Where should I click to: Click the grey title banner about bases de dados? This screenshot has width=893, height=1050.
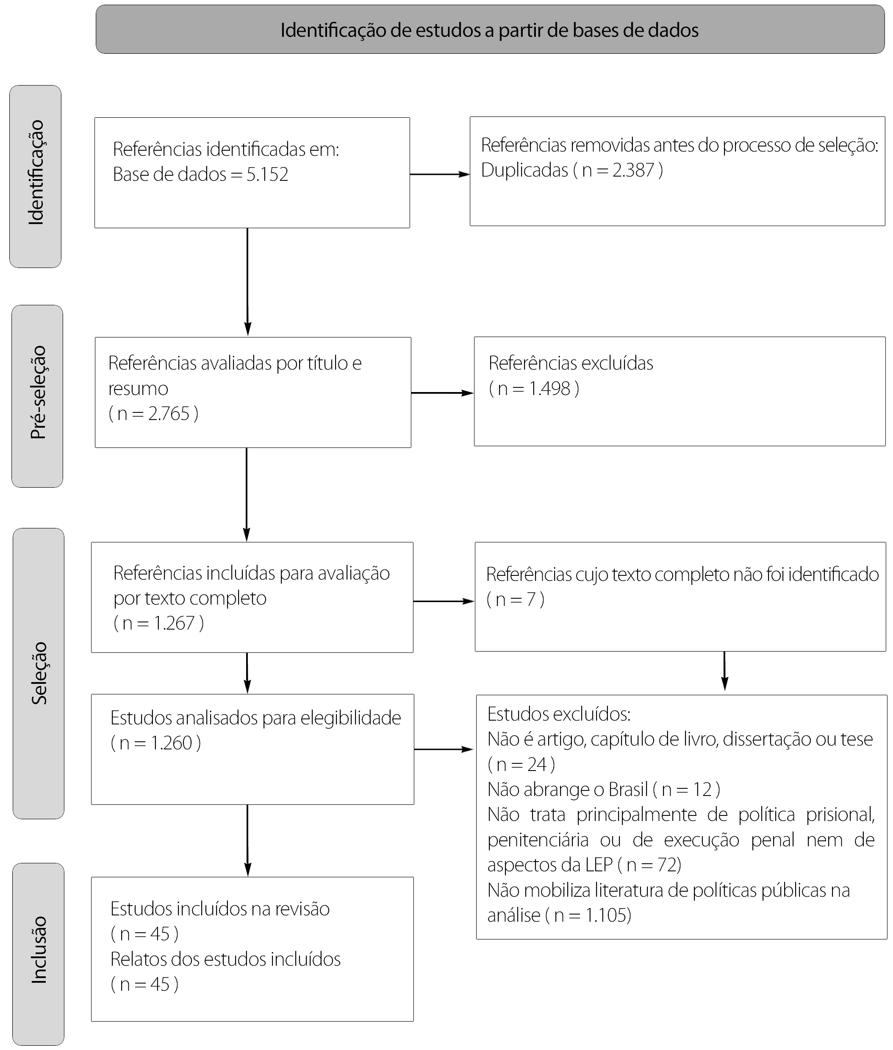[x=490, y=29]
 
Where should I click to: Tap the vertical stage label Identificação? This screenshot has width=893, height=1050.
[x=36, y=173]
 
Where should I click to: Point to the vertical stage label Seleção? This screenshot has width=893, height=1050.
[x=39, y=673]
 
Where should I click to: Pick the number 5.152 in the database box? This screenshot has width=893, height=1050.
[x=267, y=174]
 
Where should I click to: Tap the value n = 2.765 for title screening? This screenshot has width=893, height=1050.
[x=153, y=413]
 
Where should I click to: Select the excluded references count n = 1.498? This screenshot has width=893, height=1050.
[x=534, y=388]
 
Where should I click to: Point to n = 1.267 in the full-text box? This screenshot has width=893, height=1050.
[x=158, y=623]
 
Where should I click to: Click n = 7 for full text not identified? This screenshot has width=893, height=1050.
[x=516, y=599]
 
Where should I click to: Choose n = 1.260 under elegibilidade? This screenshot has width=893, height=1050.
[x=155, y=743]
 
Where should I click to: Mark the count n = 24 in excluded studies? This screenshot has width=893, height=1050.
[x=521, y=764]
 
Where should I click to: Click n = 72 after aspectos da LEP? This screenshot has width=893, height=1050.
[x=649, y=865]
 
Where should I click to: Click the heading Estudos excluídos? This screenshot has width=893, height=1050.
[x=559, y=714]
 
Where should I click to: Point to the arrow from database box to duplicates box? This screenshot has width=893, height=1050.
[x=440, y=174]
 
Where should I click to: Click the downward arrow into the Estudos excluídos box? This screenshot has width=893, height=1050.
[x=724, y=671]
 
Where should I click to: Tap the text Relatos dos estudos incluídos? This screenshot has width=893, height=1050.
[x=225, y=959]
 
